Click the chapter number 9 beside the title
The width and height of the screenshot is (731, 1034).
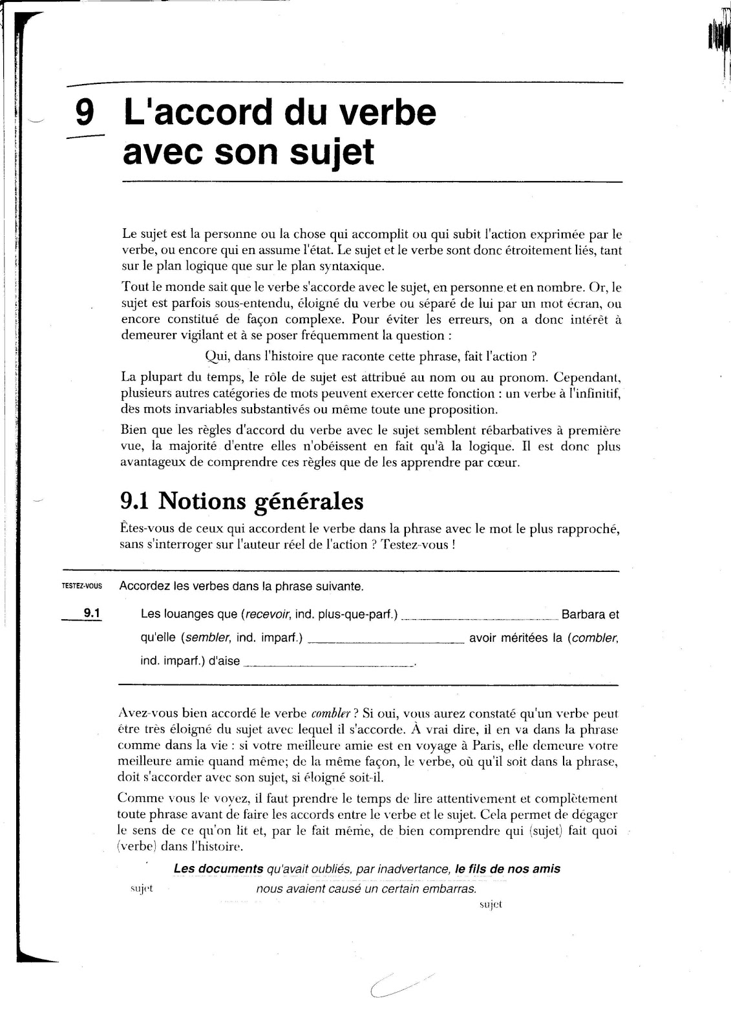click(x=84, y=113)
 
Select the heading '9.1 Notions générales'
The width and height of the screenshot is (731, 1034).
click(x=242, y=501)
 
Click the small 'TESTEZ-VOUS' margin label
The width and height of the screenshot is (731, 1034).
click(x=81, y=587)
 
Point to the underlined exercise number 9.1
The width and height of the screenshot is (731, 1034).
click(x=92, y=613)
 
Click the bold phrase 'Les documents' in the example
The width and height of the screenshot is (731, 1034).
click(x=218, y=869)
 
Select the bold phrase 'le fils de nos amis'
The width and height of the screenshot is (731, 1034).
click(x=507, y=869)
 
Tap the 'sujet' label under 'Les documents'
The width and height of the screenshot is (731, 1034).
click(x=141, y=889)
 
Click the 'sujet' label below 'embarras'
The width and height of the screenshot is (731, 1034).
click(x=491, y=905)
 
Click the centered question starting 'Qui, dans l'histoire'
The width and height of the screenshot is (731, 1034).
click(x=371, y=356)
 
